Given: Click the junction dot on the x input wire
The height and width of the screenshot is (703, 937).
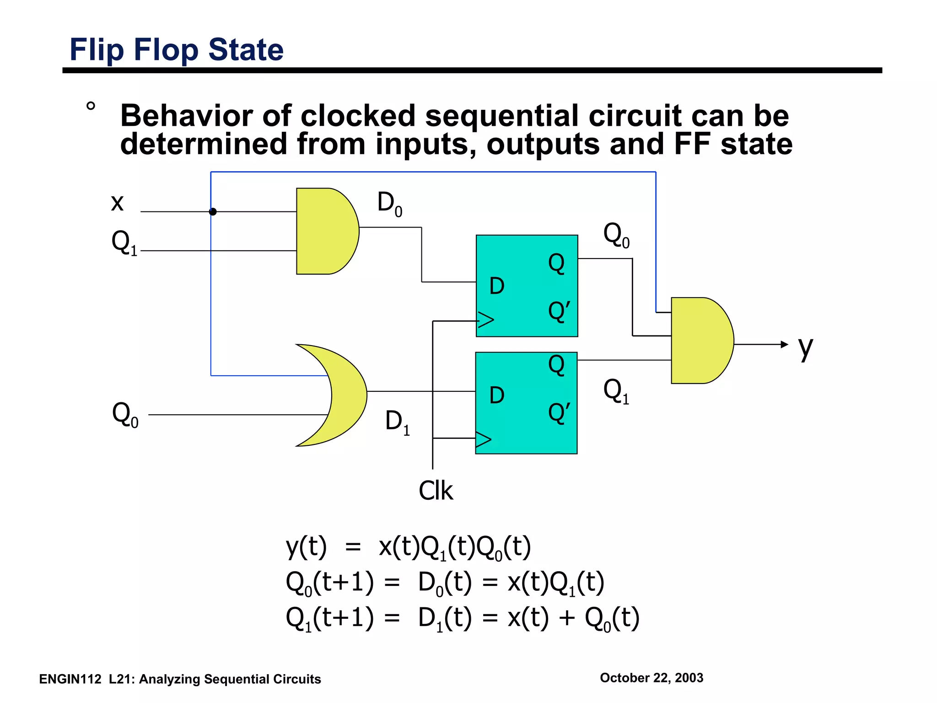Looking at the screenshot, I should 213,211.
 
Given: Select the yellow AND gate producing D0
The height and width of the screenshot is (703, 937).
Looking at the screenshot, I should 326,231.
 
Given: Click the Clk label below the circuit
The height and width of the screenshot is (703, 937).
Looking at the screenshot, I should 436,491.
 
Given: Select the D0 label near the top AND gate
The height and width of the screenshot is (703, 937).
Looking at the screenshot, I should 389,203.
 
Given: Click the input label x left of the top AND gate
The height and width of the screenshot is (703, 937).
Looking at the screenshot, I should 117,202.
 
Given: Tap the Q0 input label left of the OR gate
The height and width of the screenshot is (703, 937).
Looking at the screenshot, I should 125,415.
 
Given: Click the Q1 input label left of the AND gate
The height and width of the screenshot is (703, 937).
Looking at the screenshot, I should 124,243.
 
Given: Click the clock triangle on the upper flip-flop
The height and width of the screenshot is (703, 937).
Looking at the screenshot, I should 485,319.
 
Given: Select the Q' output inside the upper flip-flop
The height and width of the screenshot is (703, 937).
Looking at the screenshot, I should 559,312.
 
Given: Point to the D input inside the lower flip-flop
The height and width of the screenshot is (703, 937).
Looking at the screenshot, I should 497,395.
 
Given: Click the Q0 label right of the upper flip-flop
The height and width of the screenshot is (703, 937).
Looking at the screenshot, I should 616,235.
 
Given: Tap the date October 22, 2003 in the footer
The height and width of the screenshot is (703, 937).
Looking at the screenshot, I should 651,678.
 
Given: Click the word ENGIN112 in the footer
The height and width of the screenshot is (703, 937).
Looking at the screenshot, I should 70,679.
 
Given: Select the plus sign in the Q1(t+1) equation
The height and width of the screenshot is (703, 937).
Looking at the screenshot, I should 566,618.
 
